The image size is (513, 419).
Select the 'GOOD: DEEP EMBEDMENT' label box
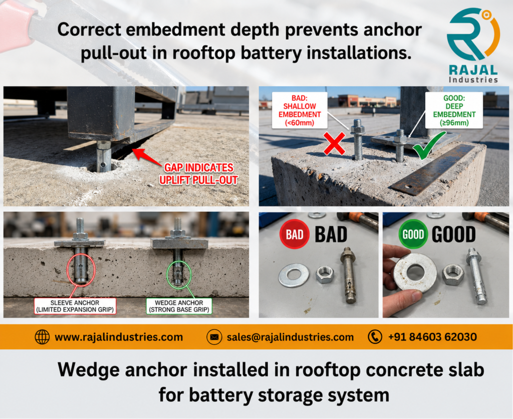(x=454, y=109)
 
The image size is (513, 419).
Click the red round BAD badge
(x=295, y=234)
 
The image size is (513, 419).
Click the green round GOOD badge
(x=413, y=234)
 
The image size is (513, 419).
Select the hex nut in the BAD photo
(x=325, y=275)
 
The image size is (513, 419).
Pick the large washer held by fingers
(x=415, y=273)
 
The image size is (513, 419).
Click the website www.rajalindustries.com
(x=118, y=337)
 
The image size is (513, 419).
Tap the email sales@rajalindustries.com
(x=290, y=337)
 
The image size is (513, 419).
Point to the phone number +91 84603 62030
(x=432, y=337)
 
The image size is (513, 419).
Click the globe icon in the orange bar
(x=42, y=337)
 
